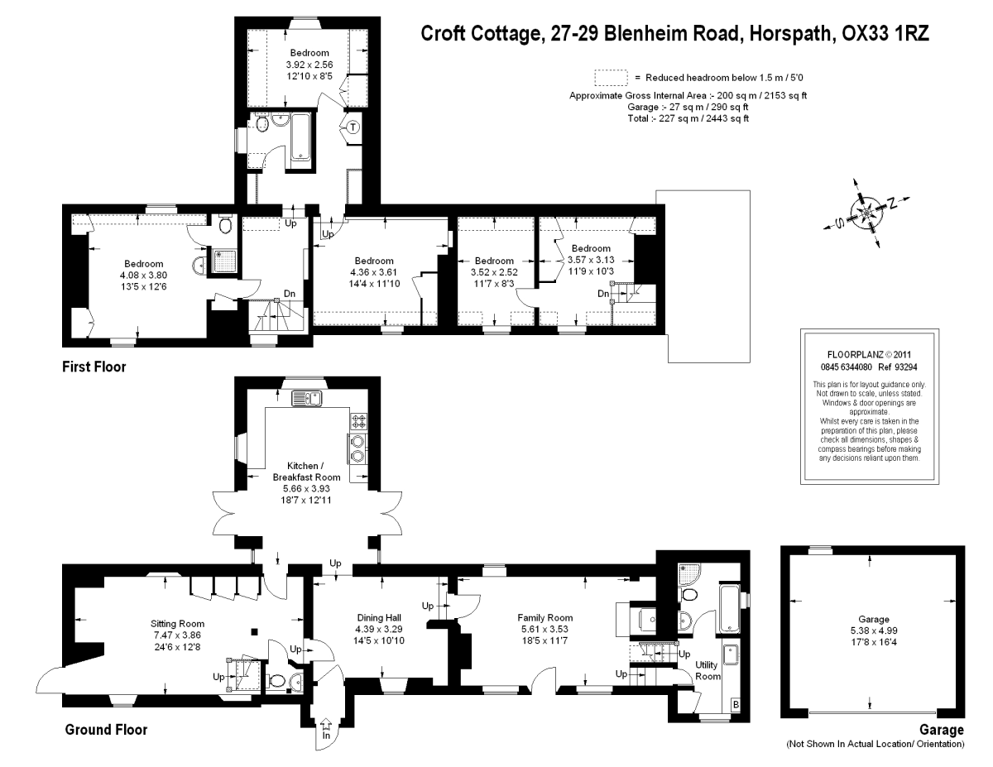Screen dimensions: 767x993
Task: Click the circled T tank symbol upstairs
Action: point(353,127)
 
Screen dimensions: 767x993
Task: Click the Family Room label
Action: point(544,617)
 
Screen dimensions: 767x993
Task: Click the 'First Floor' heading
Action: point(94,367)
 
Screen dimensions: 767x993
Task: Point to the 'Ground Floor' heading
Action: point(106,730)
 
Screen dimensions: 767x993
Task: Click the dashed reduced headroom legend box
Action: point(612,77)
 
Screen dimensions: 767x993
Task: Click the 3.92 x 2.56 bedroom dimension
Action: point(309,65)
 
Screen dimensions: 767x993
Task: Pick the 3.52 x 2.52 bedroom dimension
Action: point(494,271)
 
